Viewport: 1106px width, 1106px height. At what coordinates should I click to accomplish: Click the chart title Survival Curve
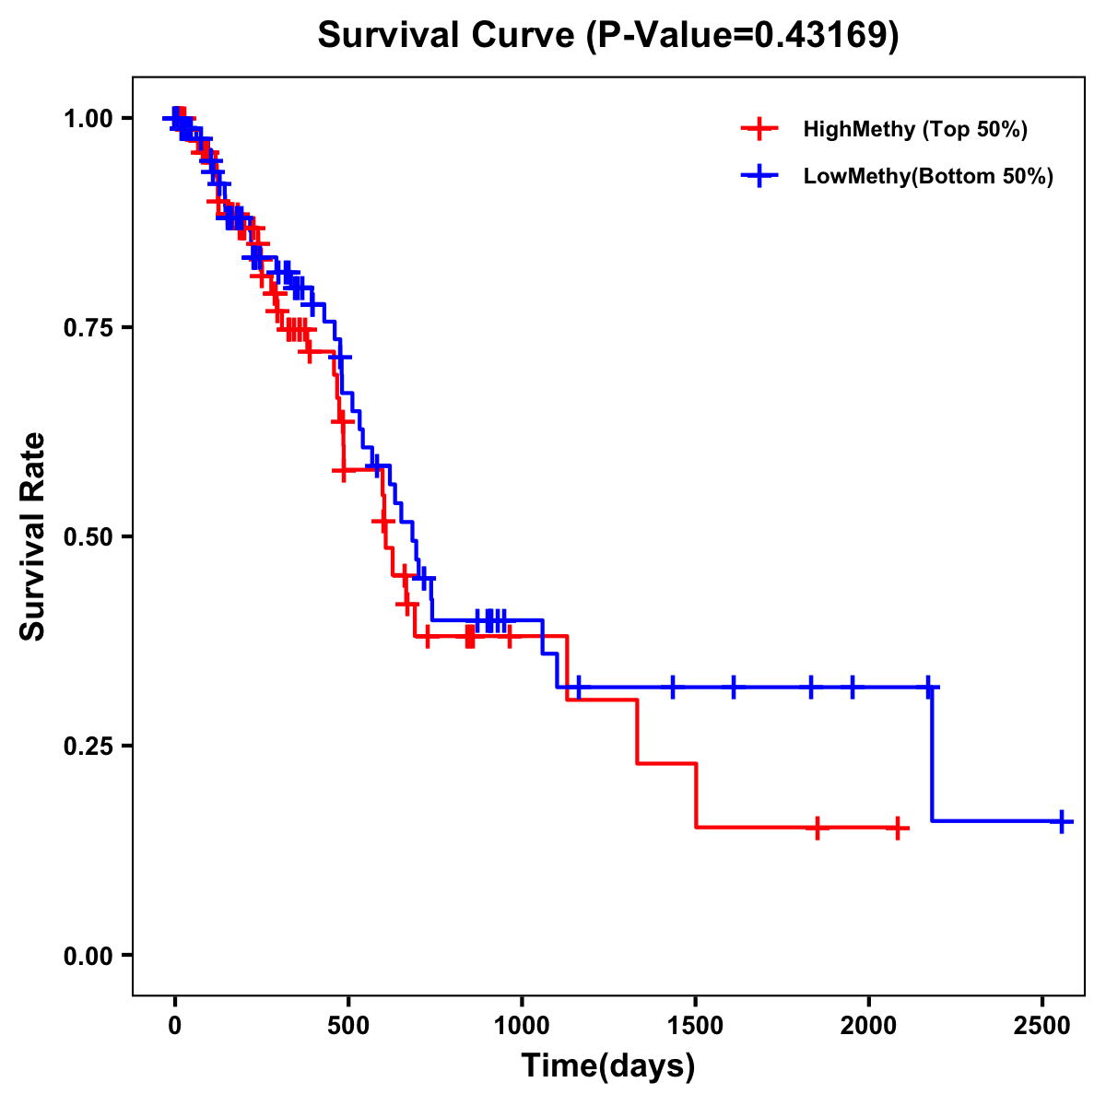[448, 35]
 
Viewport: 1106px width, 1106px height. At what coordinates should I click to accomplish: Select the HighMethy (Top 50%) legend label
[915, 129]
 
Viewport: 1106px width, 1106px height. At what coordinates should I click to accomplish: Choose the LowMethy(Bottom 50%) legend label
[928, 176]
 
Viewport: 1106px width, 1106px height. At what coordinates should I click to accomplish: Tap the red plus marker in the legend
[759, 129]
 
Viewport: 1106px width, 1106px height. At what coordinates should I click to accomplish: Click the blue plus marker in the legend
[759, 176]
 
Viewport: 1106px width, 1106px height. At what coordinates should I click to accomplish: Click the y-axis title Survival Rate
[33, 536]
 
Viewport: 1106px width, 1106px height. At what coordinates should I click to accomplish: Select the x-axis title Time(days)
[608, 1066]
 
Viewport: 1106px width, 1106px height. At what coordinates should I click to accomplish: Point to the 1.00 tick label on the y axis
[87, 119]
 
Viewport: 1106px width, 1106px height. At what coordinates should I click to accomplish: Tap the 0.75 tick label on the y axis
[87, 328]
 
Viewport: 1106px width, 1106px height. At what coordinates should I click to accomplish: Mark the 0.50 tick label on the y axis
[87, 537]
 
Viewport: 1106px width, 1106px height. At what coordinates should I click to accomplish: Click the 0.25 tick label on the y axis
[87, 746]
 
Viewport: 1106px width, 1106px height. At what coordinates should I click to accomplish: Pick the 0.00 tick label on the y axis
[87, 956]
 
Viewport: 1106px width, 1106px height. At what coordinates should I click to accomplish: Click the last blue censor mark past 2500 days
[1062, 821]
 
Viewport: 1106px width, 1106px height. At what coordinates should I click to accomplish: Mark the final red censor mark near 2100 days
[897, 828]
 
